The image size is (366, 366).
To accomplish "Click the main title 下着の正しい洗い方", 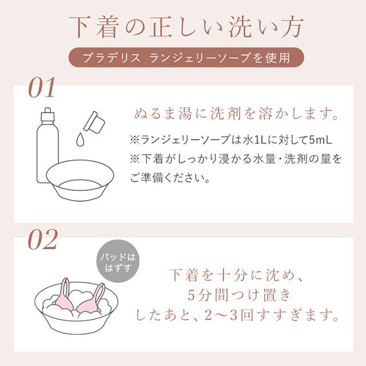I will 183,27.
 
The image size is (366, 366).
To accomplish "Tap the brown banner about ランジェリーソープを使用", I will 183,57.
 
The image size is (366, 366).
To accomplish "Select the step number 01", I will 42,89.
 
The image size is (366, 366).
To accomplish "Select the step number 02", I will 42,240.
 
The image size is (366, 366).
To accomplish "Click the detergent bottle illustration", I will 47,146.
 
